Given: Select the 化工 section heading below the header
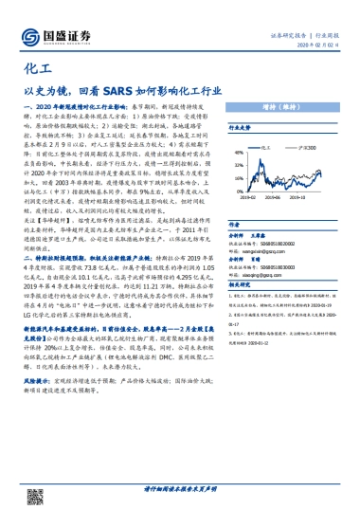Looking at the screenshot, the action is click(x=34, y=70).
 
